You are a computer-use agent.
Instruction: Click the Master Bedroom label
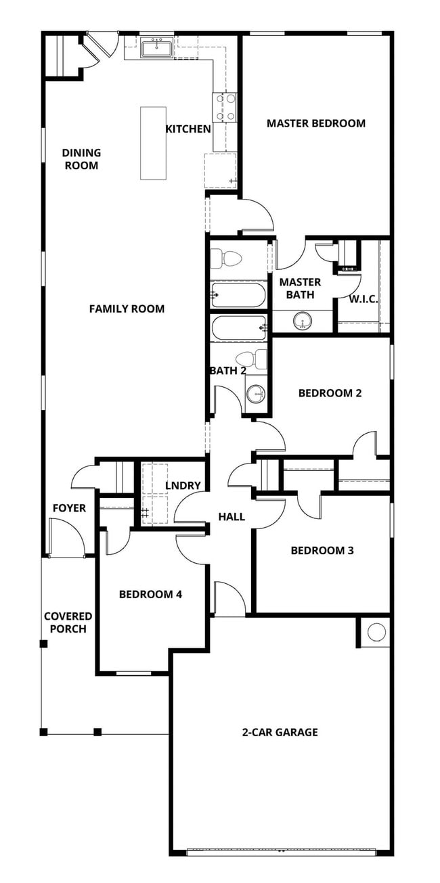(315, 123)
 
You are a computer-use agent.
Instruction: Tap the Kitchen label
(188, 129)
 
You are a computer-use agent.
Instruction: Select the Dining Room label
(81, 159)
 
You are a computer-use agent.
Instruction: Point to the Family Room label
(127, 309)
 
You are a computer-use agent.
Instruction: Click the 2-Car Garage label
(280, 732)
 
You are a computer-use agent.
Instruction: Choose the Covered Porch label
(68, 622)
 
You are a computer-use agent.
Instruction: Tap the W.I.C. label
(364, 299)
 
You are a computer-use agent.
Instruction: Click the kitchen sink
(156, 48)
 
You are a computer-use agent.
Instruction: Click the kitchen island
(153, 143)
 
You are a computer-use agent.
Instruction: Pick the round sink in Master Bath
(302, 321)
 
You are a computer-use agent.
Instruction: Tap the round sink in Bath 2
(256, 394)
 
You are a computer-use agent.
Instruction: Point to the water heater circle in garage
(376, 632)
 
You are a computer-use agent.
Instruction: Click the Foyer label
(69, 507)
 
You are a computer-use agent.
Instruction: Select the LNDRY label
(183, 485)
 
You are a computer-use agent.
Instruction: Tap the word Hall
(231, 517)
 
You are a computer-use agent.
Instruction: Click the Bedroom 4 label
(150, 594)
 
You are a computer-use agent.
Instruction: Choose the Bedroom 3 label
(322, 550)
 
